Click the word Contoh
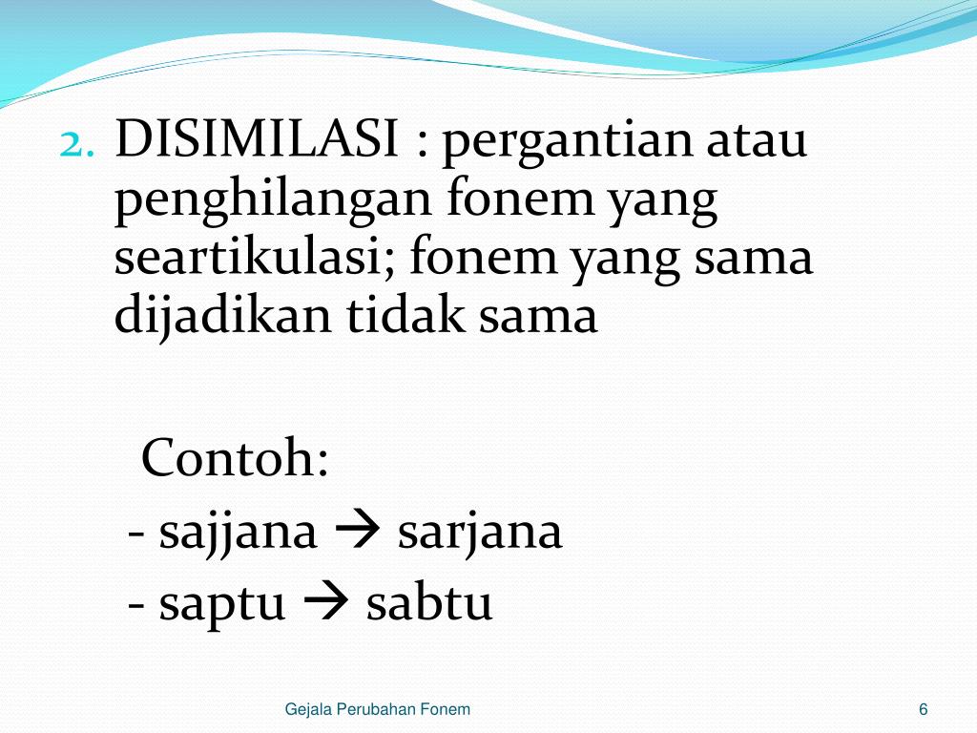[x=235, y=459]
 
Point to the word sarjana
[x=480, y=533]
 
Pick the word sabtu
[x=429, y=603]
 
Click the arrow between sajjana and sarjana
[x=358, y=533]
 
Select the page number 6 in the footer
[x=924, y=709]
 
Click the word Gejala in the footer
[x=305, y=709]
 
